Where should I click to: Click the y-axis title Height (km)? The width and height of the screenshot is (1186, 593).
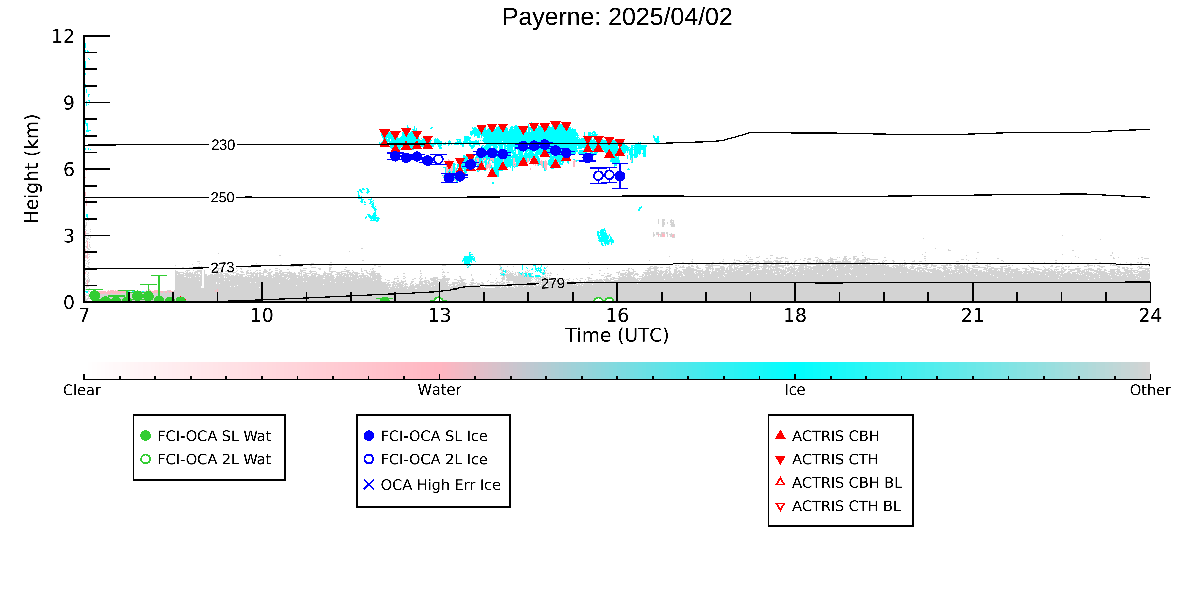click(32, 169)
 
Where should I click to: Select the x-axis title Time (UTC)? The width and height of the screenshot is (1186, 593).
click(617, 335)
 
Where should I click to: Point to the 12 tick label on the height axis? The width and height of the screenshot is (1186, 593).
click(63, 36)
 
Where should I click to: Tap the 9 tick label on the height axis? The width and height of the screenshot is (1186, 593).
click(69, 103)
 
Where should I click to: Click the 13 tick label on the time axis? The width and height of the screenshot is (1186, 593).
click(440, 316)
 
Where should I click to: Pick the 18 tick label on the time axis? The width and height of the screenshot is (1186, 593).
click(795, 316)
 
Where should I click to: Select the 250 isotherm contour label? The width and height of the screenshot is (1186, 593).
click(223, 198)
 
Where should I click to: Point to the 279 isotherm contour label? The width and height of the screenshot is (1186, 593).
click(553, 284)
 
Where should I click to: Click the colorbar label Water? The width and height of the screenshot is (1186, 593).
click(440, 390)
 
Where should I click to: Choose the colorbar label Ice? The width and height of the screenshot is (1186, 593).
click(795, 390)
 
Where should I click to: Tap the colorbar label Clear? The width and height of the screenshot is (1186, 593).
click(82, 390)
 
